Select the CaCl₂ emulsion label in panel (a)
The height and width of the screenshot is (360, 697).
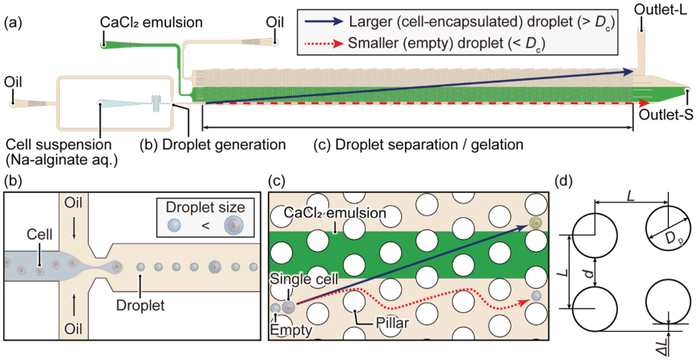152,22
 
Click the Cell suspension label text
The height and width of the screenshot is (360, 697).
59,144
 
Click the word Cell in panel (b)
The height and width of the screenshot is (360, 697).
40,234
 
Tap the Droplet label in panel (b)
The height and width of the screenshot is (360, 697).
140,305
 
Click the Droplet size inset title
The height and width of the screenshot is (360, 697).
206,207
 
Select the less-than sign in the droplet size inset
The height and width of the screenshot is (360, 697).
206,226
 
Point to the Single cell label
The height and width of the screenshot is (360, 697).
304,279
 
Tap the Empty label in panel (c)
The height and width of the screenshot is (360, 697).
291,330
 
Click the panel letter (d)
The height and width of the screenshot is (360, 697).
564,182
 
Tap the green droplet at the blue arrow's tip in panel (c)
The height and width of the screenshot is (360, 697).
536,223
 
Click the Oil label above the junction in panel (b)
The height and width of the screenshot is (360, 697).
73,203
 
